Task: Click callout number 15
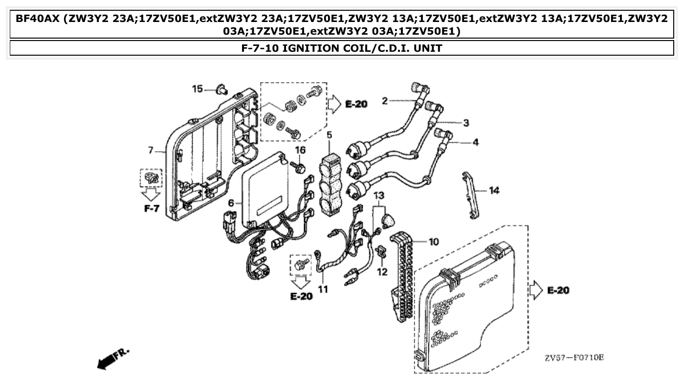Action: click(197, 88)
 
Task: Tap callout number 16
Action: click(300, 150)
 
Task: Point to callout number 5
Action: click(330, 134)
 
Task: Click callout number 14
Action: click(494, 190)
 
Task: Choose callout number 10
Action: click(434, 241)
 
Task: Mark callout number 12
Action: click(382, 272)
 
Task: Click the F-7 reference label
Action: click(152, 209)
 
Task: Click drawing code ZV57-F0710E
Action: click(574, 358)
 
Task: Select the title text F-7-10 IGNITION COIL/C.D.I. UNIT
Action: click(342, 48)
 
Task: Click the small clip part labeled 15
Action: click(222, 90)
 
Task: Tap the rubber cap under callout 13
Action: click(388, 219)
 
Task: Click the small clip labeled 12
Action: click(381, 253)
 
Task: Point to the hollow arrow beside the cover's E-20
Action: click(536, 290)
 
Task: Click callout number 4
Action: click(476, 143)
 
